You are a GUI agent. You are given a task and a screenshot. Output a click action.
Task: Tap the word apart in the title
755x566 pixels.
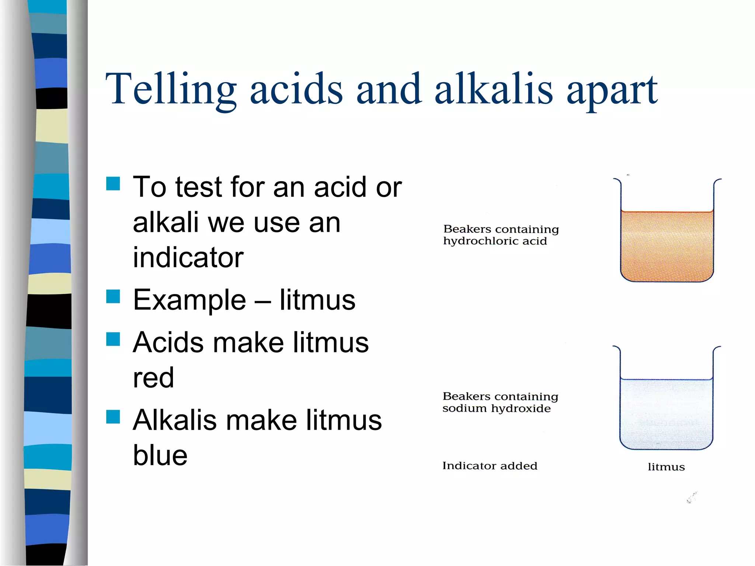[612, 91]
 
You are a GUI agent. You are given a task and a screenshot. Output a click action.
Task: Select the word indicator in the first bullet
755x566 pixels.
[188, 257]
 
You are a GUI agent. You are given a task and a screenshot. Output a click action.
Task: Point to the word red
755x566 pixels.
[153, 378]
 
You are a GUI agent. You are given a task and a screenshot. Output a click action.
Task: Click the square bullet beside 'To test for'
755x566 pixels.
[113, 184]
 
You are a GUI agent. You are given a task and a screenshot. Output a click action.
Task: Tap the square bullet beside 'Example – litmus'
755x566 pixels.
[113, 296]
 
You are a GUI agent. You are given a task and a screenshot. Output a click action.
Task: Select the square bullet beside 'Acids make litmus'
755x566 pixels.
[113, 339]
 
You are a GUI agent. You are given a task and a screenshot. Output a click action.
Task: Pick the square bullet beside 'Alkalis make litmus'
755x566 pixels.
[113, 417]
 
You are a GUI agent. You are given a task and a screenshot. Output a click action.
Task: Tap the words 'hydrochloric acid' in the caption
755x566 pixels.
[495, 241]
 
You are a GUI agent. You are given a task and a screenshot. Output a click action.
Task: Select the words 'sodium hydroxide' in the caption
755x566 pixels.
[496, 409]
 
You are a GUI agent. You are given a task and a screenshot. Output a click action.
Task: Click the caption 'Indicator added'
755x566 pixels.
[490, 466]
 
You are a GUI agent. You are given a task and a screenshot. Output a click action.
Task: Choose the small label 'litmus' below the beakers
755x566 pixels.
[666, 467]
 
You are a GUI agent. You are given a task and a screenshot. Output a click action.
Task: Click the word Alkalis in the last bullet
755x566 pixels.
[174, 420]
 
